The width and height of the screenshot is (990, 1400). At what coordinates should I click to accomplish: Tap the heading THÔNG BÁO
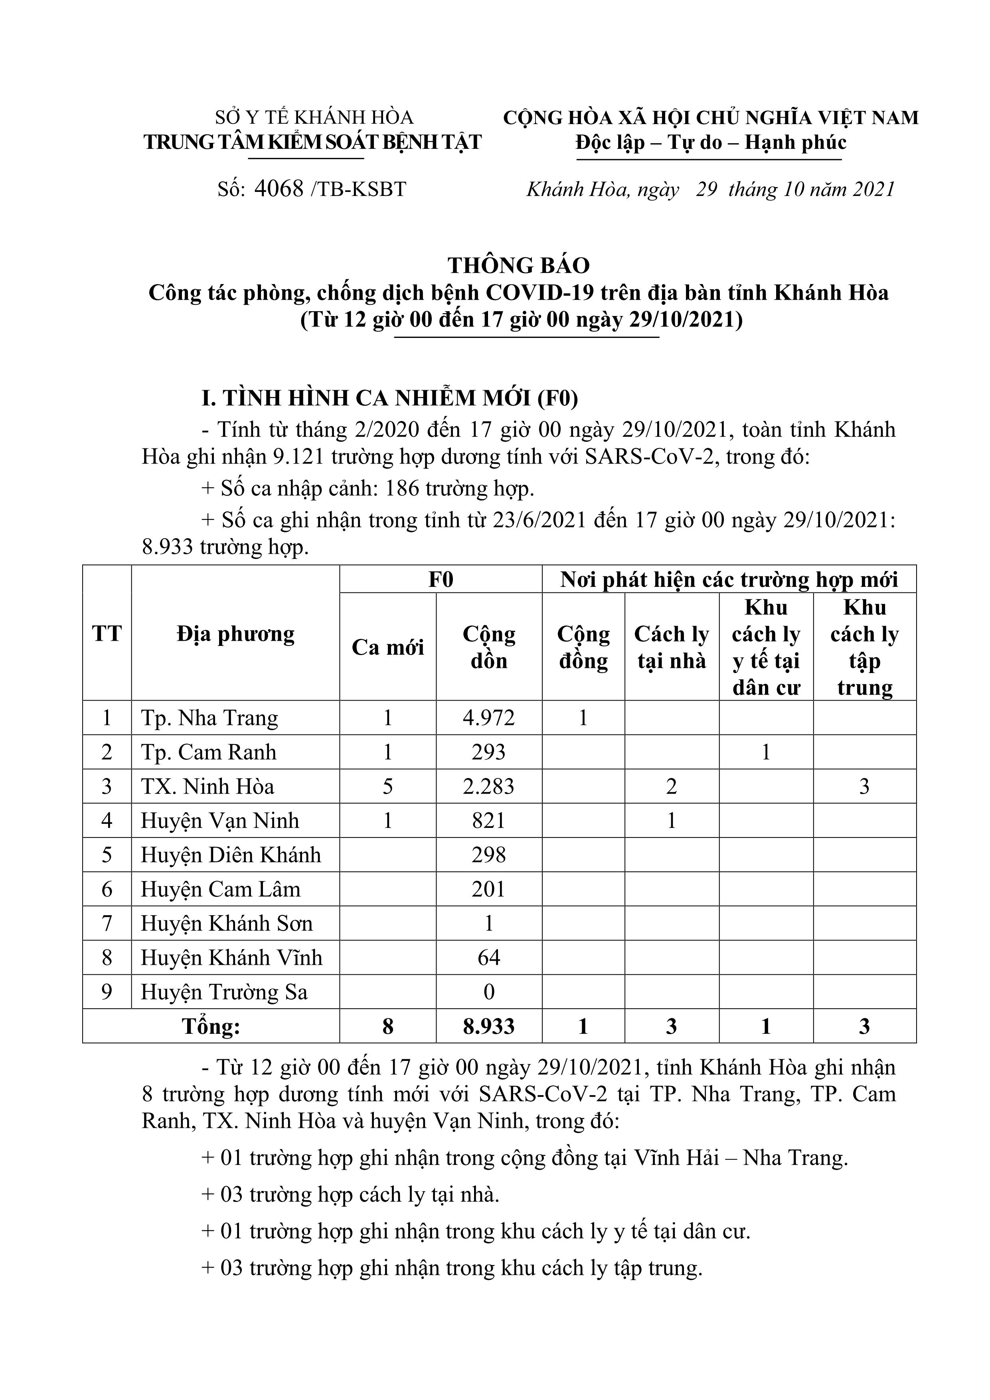[518, 265]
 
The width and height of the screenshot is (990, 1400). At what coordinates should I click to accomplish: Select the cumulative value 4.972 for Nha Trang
[488, 718]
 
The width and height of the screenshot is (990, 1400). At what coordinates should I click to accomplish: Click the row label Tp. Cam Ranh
[209, 752]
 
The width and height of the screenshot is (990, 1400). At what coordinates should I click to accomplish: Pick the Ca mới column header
[387, 647]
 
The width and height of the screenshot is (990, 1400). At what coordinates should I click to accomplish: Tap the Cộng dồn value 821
[488, 820]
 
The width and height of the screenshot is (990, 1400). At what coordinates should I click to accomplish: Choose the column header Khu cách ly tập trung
[864, 647]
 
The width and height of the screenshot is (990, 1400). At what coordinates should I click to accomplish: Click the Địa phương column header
[235, 634]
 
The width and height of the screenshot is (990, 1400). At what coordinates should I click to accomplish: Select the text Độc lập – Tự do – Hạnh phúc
[711, 143]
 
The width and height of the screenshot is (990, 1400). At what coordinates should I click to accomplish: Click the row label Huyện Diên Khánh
[231, 855]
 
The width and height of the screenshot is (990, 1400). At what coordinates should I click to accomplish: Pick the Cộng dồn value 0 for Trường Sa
[488, 992]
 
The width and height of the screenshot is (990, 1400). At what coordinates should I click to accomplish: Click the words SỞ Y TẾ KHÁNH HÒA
[314, 117]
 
